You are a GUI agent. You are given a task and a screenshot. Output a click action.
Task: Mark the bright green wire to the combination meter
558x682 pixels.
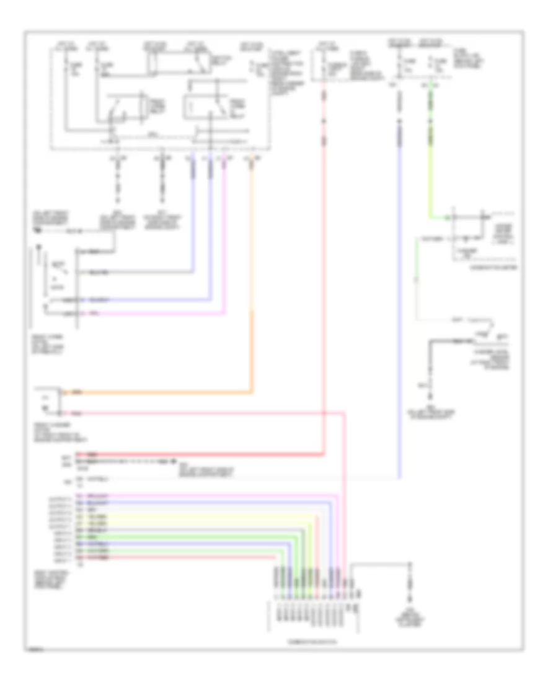point(433,155)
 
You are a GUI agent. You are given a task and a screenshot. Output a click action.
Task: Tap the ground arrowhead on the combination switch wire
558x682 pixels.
point(409,599)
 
